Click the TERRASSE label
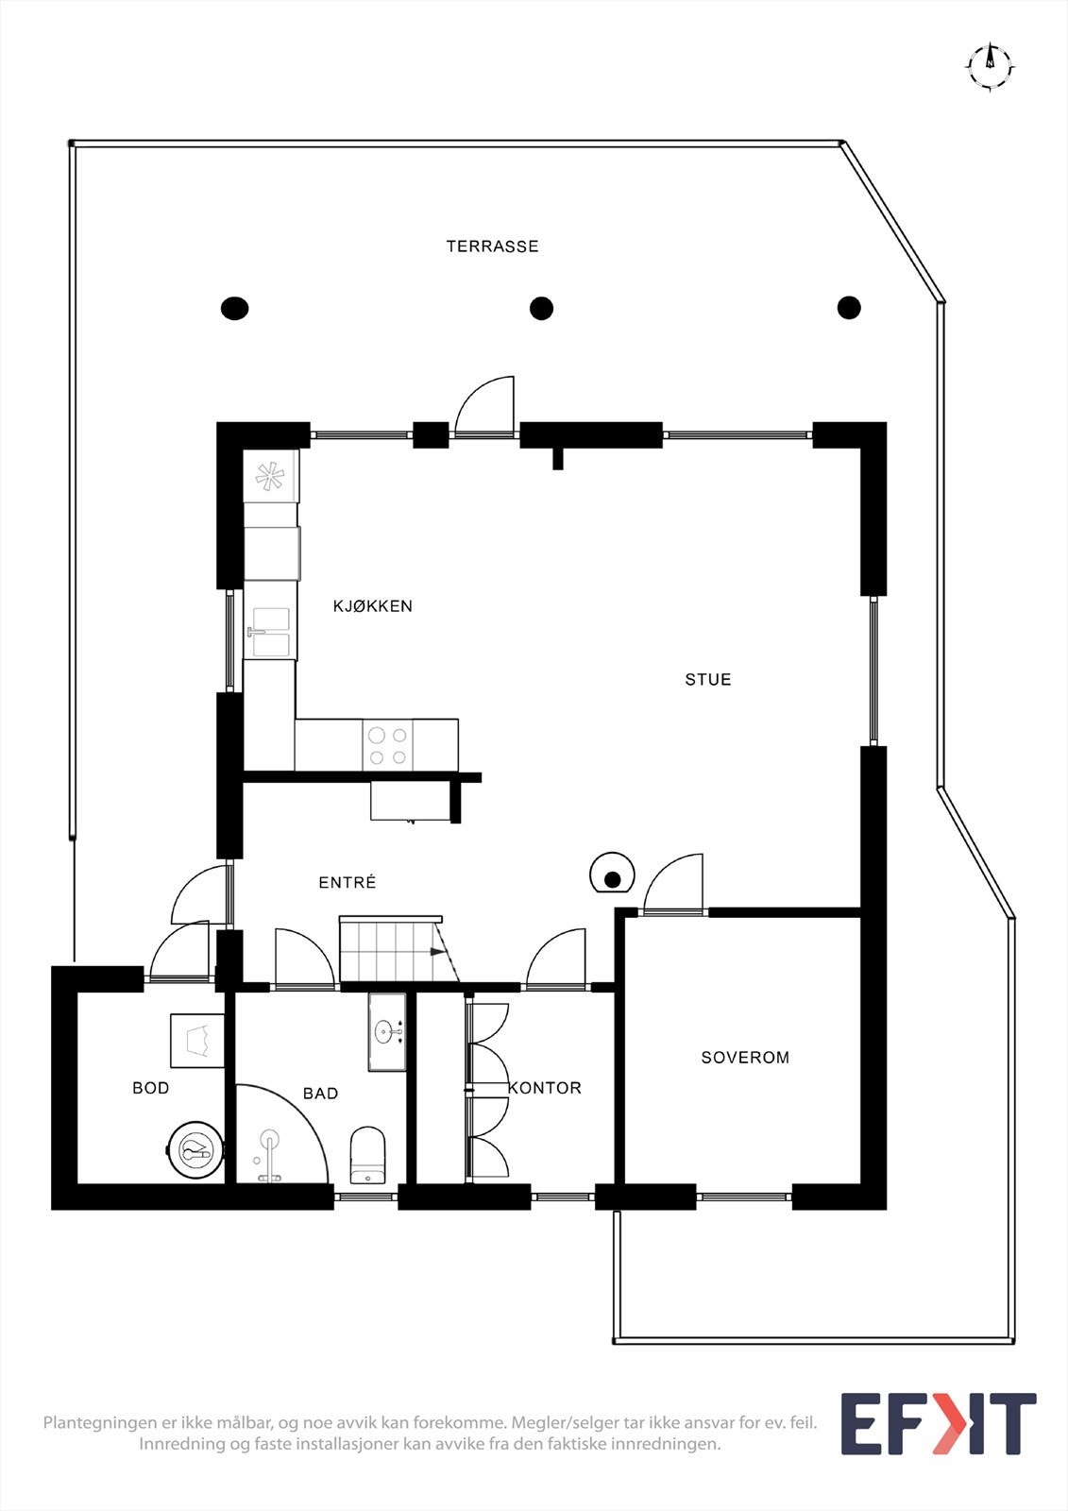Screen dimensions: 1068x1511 point(493,246)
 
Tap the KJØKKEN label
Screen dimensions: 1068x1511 point(372,605)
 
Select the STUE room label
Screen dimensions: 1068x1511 point(707,679)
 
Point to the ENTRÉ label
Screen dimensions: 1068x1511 point(347,882)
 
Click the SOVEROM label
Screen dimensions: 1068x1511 point(745,1057)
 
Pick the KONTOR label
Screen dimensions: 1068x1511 point(545,1087)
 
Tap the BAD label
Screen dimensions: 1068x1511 point(320,1093)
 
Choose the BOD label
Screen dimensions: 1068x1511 point(150,1087)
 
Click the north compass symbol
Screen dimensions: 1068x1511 point(990,66)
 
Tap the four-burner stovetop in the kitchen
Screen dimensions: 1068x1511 point(388,745)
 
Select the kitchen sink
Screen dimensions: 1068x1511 point(271,632)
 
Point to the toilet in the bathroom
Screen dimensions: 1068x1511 point(367,1155)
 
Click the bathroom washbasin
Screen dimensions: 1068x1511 point(388,1031)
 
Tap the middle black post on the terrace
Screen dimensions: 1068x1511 point(541,308)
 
